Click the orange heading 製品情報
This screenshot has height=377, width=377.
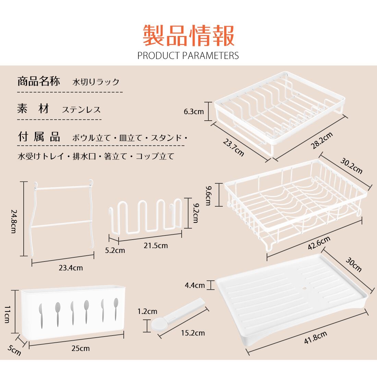(x=188, y=35)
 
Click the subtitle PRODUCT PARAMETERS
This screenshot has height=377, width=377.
(x=188, y=56)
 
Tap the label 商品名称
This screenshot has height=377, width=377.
(x=38, y=82)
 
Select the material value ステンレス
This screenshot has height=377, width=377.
(x=81, y=110)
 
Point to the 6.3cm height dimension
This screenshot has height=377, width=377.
(x=194, y=111)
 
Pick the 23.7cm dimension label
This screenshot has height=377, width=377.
(x=233, y=147)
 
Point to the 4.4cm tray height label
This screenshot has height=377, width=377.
(x=195, y=285)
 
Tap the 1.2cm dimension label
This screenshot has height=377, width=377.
(x=147, y=311)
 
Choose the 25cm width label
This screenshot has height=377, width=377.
(x=81, y=348)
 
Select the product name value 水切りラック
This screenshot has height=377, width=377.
(x=96, y=82)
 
